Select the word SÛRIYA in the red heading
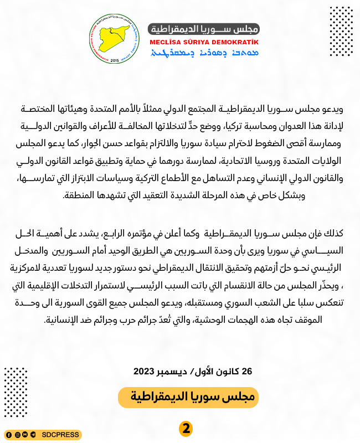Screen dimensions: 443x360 tap(201, 42)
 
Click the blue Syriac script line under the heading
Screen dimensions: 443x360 tap(203, 53)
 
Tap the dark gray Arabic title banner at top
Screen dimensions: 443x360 tap(203, 29)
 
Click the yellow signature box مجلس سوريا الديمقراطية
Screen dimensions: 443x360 tap(188, 397)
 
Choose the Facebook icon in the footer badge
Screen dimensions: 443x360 tap(9, 435)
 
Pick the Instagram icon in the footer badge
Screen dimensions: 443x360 tap(17, 435)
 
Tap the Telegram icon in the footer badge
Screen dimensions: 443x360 tap(33, 435)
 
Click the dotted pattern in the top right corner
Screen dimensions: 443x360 tap(341, 31)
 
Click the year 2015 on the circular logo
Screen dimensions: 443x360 tap(115, 60)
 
